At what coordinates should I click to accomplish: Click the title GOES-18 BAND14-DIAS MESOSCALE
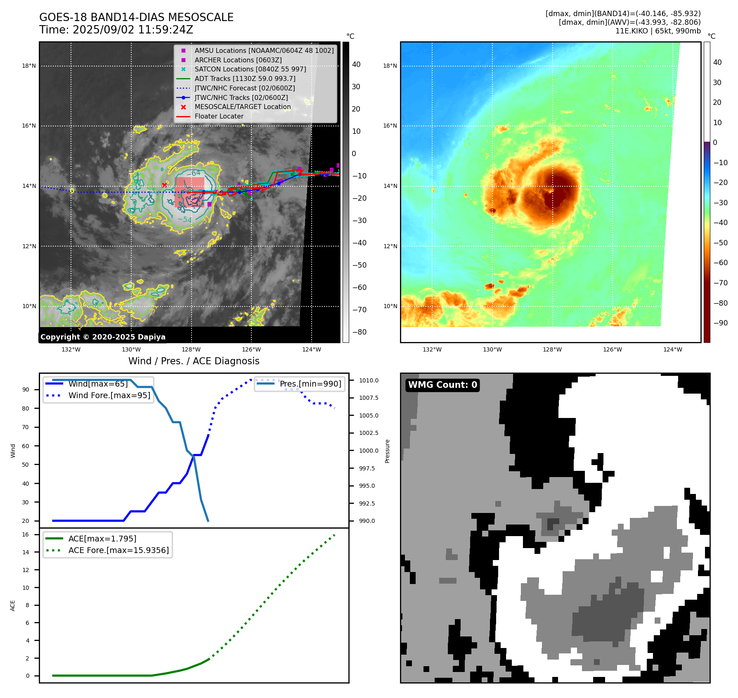136,17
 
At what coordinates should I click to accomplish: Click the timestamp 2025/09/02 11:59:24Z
132,30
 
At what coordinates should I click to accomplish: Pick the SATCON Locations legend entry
250,69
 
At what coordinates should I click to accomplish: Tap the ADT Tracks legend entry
245,78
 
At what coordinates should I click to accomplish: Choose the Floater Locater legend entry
219,116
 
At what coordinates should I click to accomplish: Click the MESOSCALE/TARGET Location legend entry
242,107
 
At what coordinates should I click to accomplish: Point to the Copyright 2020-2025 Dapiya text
103,337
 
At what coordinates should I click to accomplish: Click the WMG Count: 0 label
442,385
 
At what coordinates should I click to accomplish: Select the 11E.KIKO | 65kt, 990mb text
658,31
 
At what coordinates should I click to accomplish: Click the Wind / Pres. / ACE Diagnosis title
194,361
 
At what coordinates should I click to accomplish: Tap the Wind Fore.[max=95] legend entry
109,395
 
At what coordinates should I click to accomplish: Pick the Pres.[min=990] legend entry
310,384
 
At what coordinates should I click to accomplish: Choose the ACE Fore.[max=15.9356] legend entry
118,550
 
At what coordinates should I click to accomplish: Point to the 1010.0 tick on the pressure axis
368,380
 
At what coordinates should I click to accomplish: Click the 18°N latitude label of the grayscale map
29,66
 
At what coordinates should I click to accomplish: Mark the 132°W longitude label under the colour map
432,349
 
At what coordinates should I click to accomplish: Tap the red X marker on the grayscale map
164,185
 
